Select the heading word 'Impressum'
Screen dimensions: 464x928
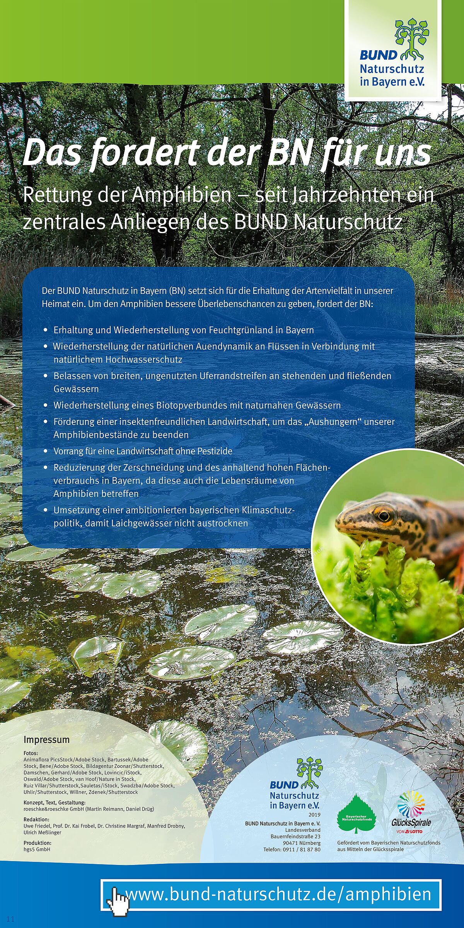tap(46, 740)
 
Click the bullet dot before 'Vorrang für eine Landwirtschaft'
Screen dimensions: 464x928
tap(46, 451)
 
